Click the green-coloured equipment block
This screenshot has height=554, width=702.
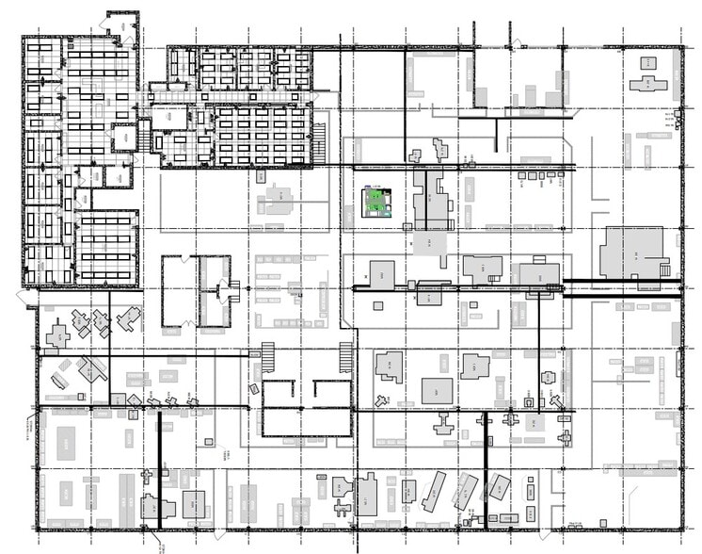coord(379,201)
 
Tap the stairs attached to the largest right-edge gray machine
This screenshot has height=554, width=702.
coord(665,269)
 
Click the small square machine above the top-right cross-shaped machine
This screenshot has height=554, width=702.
coord(648,63)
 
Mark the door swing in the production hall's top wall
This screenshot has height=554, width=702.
coord(517,42)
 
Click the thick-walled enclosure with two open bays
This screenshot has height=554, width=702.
coord(307,407)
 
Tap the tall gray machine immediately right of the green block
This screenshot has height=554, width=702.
coord(431,200)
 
